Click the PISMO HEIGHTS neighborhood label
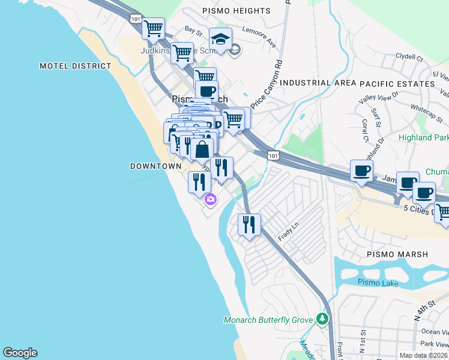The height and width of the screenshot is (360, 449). point(237,11)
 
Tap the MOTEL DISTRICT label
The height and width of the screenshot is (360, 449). point(75,66)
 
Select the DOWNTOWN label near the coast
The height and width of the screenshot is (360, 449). point(155,166)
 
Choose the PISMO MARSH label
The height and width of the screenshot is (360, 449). point(397,254)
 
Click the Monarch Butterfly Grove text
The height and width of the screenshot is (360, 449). point(268,320)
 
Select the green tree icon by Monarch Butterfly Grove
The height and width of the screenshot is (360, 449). point(324,318)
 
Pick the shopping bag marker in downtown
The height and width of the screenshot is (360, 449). point(202,149)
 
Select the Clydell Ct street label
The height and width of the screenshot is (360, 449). point(409,58)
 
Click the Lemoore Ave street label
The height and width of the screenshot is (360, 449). point(259,37)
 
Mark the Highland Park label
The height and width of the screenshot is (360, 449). point(424,137)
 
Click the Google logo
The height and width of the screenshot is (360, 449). point(20,353)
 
